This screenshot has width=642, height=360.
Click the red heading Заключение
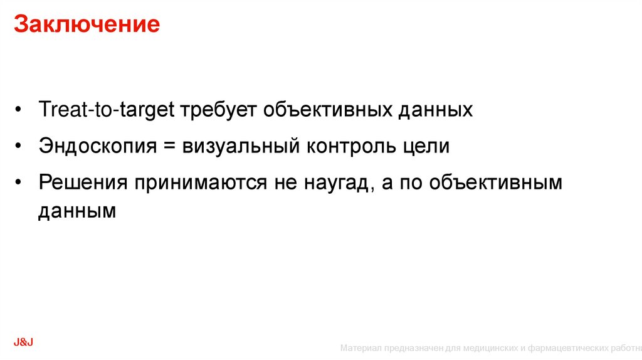[x=87, y=25]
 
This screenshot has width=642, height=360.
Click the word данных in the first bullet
[x=436, y=110]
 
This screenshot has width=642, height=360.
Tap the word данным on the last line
[x=77, y=211]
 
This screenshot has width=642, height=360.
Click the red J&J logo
[x=23, y=341]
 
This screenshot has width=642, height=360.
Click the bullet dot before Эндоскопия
[x=21, y=147]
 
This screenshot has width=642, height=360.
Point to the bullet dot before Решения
[x=21, y=183]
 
